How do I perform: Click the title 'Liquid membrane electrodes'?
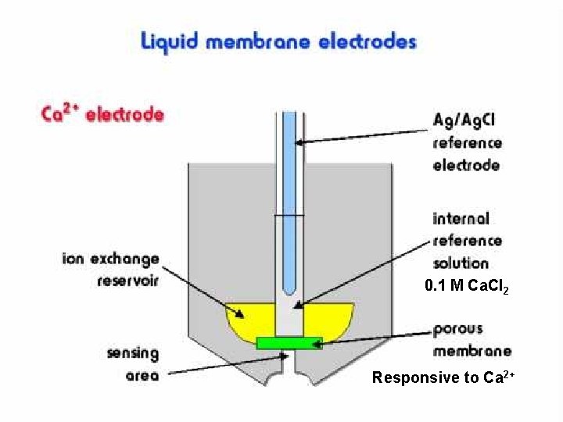coord(278,41)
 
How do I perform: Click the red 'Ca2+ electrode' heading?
coord(102,114)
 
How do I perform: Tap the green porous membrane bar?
coord(289,342)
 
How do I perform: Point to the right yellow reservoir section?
coord(328,320)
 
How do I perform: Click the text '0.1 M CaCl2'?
coord(467,288)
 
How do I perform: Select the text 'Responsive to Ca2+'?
coord(443,378)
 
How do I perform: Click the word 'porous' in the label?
coord(458,330)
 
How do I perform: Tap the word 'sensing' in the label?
coord(133,353)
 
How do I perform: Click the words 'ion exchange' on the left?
coord(110,259)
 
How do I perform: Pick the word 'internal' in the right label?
coord(461,219)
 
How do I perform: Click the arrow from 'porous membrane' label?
coord(375,338)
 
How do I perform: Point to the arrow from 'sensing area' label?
coord(227,367)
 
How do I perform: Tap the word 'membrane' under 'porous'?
coord(472,351)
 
